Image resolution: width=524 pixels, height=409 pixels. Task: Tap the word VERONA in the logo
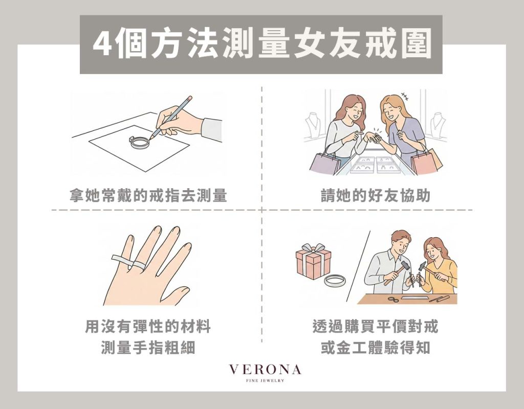265,369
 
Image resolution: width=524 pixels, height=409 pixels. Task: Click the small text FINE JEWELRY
265,380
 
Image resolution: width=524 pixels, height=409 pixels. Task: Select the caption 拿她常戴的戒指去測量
148,196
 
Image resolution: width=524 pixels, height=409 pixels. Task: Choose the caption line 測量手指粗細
148,348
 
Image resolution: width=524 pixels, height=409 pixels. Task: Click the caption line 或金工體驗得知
376,348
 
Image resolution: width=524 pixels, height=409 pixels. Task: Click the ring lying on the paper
139,141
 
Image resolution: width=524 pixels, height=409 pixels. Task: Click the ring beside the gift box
336,281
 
